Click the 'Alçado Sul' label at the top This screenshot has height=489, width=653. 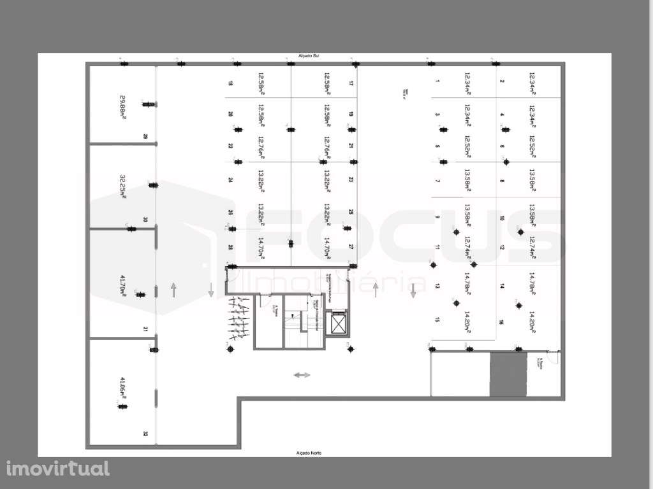click(308, 57)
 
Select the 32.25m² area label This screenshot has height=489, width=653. click(123, 187)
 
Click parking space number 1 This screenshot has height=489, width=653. click(437, 81)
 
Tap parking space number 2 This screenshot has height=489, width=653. click(502, 81)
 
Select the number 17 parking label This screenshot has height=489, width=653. click(351, 83)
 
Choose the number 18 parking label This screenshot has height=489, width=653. click(230, 83)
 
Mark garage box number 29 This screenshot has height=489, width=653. click(145, 136)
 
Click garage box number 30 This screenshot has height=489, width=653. click(145, 220)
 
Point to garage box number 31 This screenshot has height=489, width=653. click(145, 329)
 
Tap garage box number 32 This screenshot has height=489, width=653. click(145, 434)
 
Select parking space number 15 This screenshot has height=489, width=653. click(437, 320)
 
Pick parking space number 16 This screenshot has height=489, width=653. click(502, 323)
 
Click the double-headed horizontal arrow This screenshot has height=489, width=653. click(302, 375)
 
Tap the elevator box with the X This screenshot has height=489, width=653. click(336, 324)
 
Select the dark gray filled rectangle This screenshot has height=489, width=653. click(508, 374)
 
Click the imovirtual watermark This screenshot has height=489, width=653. click(58, 469)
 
